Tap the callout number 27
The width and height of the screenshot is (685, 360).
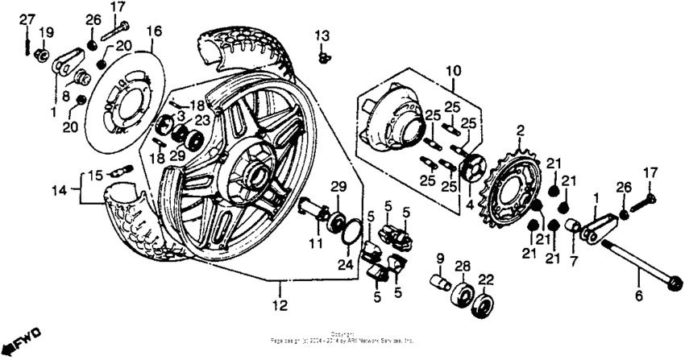pyautogui.click(x=27, y=18)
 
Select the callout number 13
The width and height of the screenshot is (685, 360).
pyautogui.click(x=322, y=36)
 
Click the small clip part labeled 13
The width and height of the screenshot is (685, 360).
pyautogui.click(x=323, y=56)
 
